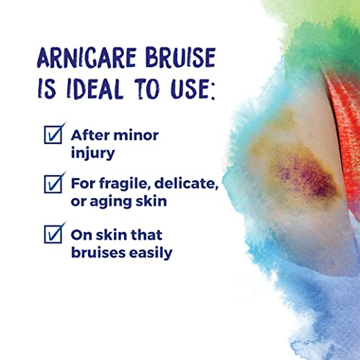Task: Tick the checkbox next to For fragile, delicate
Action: point(53,184)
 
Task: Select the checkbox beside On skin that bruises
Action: point(53,234)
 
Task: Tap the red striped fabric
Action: point(345,135)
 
